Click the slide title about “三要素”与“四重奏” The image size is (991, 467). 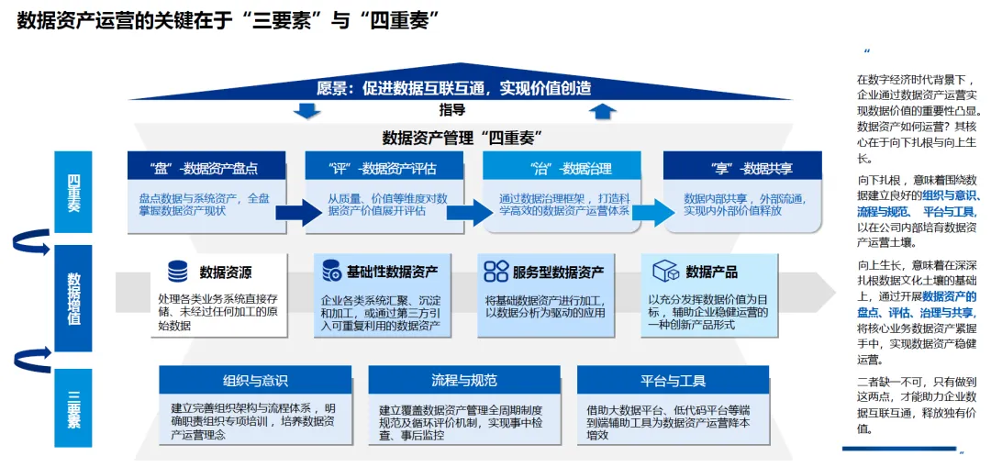(x=225, y=20)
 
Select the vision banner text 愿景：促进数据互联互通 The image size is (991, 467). (x=453, y=88)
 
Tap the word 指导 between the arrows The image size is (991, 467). (x=452, y=111)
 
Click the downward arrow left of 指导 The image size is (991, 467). (x=306, y=111)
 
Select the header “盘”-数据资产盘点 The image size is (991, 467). (x=203, y=168)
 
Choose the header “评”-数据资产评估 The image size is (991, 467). (x=382, y=168)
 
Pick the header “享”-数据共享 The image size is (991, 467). (x=739, y=168)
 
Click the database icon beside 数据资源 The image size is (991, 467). (x=178, y=272)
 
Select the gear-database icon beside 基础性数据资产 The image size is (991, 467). (x=331, y=271)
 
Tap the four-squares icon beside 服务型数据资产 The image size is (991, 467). (x=496, y=271)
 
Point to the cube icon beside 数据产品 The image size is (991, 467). (x=665, y=271)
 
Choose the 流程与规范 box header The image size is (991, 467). (x=464, y=381)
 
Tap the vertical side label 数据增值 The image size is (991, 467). (x=73, y=298)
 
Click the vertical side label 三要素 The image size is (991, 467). (x=73, y=408)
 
